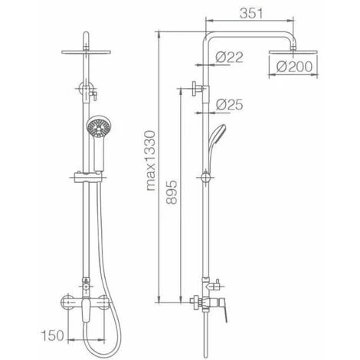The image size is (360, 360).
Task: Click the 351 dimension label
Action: click(251, 14)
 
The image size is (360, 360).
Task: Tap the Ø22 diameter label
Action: click(229, 57)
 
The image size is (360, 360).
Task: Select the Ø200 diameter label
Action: click(294, 67)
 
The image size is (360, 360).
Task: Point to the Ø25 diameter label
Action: click(230, 105)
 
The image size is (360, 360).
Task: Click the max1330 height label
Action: click(151, 161)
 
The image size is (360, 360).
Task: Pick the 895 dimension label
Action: click(172, 192)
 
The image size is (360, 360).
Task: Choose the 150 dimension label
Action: click(52, 335)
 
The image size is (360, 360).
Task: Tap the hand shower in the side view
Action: click(217, 143)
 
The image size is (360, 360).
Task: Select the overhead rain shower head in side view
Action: click(293, 52)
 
